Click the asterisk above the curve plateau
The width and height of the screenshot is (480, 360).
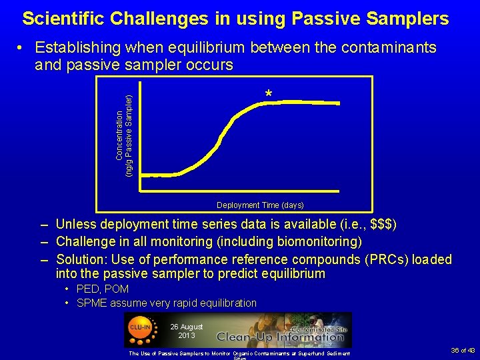pyautogui.click(x=268, y=95)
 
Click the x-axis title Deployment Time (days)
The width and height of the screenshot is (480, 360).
pyautogui.click(x=259, y=205)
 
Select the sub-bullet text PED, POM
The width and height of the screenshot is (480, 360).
pyautogui.click(x=103, y=289)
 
